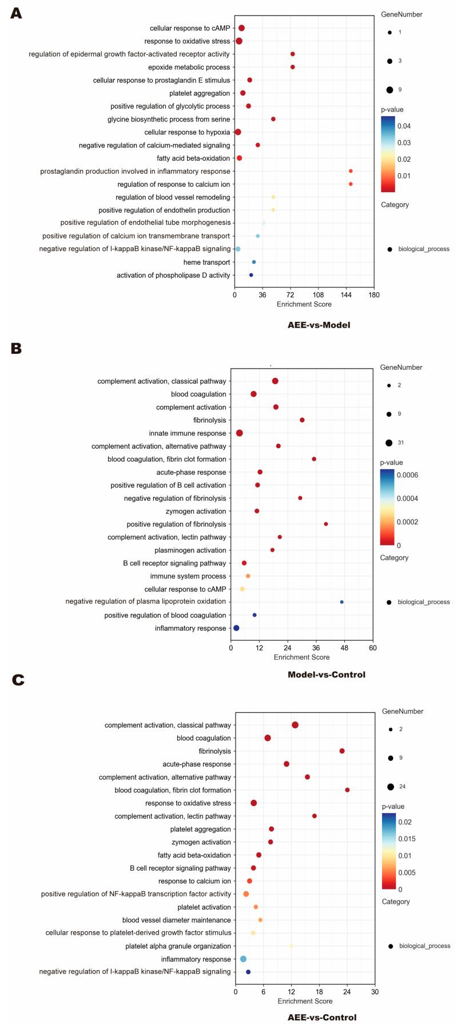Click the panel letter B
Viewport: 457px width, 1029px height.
[16, 348]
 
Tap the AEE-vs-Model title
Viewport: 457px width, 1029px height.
[319, 325]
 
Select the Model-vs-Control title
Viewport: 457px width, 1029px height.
[326, 675]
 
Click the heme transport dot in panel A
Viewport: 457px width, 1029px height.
[254, 262]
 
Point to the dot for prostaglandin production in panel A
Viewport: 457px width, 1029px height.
[351, 171]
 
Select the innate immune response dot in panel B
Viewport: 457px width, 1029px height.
[240, 433]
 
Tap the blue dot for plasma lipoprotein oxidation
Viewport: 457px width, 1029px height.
[342, 602]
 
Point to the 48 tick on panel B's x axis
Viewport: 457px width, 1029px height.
[344, 648]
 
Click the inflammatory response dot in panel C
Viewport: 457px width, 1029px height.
[243, 959]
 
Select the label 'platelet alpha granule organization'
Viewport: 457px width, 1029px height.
[178, 946]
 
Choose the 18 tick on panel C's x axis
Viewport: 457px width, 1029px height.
[319, 992]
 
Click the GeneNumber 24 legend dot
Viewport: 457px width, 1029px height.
[391, 787]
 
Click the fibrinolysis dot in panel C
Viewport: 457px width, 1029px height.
[342, 751]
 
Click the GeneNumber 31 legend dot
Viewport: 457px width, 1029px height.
[389, 442]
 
